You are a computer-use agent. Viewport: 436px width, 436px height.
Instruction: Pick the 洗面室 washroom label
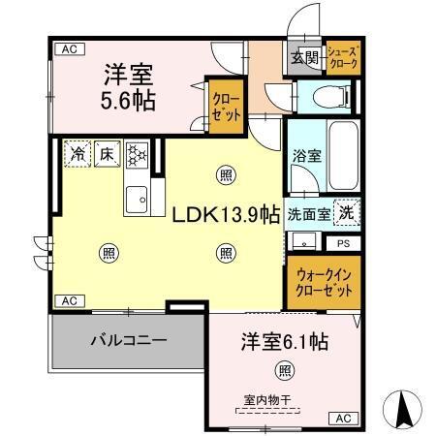click(x=309, y=213)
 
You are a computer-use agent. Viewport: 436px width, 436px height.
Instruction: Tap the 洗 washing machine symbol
click(x=345, y=210)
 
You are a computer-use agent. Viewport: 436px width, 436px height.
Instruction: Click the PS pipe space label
click(x=343, y=243)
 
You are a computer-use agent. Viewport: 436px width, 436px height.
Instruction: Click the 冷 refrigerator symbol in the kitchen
click(x=77, y=153)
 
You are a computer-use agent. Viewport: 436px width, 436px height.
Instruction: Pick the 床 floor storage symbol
click(x=106, y=153)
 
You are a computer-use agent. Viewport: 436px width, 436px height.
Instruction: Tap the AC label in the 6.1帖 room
click(x=344, y=418)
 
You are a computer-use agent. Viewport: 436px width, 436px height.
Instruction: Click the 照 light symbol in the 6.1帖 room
click(x=283, y=369)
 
